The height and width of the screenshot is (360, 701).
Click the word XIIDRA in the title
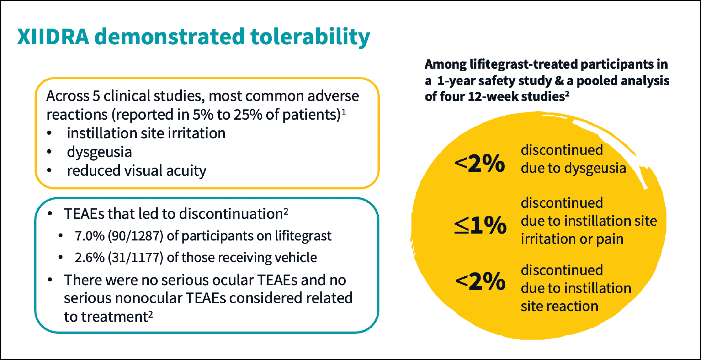(x=53, y=37)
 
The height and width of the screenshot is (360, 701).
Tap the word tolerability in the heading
(x=310, y=37)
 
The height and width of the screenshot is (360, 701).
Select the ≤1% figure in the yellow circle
(x=480, y=225)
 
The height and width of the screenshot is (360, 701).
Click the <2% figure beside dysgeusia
(x=479, y=163)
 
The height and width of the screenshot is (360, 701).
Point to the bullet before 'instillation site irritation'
(x=49, y=133)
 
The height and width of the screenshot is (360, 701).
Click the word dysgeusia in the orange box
(x=99, y=152)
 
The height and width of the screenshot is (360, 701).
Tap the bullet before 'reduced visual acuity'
(x=49, y=171)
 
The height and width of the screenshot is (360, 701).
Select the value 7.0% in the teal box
(x=90, y=236)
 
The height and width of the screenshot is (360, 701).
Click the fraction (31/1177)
(x=136, y=257)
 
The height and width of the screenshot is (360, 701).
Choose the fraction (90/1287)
(x=136, y=236)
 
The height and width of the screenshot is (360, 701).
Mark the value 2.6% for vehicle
(x=90, y=257)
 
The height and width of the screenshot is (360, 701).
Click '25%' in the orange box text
(x=248, y=115)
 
